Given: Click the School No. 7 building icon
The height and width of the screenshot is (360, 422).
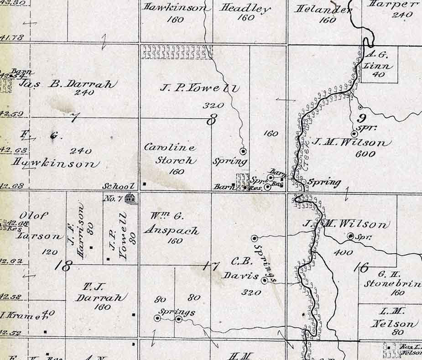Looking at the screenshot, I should pyautogui.click(x=130, y=198).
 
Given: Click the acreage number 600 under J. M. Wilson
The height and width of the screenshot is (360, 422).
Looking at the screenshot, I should pyautogui.click(x=365, y=154).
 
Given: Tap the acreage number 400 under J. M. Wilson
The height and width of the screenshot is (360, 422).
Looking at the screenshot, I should pyautogui.click(x=343, y=252).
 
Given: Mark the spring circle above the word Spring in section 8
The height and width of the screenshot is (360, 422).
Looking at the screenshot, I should pyautogui.click(x=243, y=151).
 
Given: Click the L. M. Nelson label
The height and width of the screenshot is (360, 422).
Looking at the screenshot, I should pyautogui.click(x=393, y=318).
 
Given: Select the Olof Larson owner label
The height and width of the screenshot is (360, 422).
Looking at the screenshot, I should pyautogui.click(x=39, y=226).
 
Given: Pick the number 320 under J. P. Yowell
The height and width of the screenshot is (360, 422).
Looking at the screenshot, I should pyautogui.click(x=214, y=105).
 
